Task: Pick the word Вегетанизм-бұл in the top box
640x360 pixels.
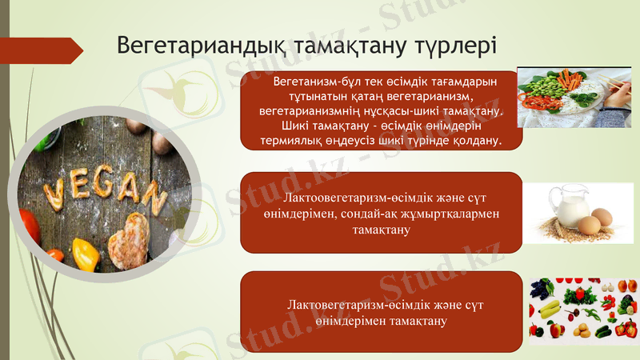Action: pyautogui.click(x=317, y=82)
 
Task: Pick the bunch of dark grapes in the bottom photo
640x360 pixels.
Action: pyautogui.click(x=540, y=287)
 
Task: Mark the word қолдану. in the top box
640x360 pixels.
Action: pyautogui.click(x=474, y=141)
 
